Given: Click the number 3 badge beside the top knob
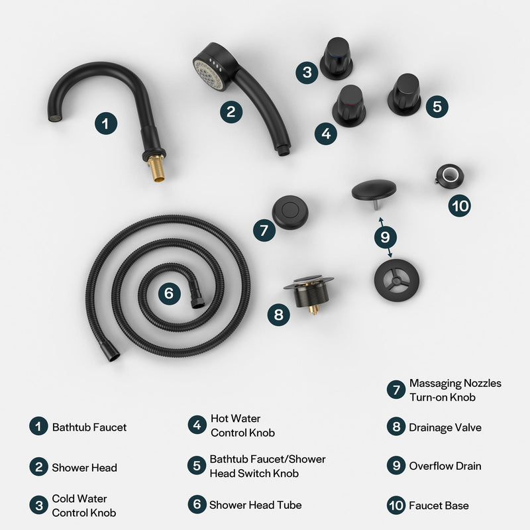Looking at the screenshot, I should coord(307,72).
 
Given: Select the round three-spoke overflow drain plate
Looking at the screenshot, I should coord(396,280).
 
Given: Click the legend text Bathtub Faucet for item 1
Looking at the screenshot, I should coord(89,427).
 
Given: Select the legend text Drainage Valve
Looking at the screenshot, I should coord(445,427).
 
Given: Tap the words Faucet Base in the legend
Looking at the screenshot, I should coord(439,505).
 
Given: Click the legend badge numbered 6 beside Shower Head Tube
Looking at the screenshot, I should coord(197,505).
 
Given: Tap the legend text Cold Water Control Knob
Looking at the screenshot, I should coord(79,505).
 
